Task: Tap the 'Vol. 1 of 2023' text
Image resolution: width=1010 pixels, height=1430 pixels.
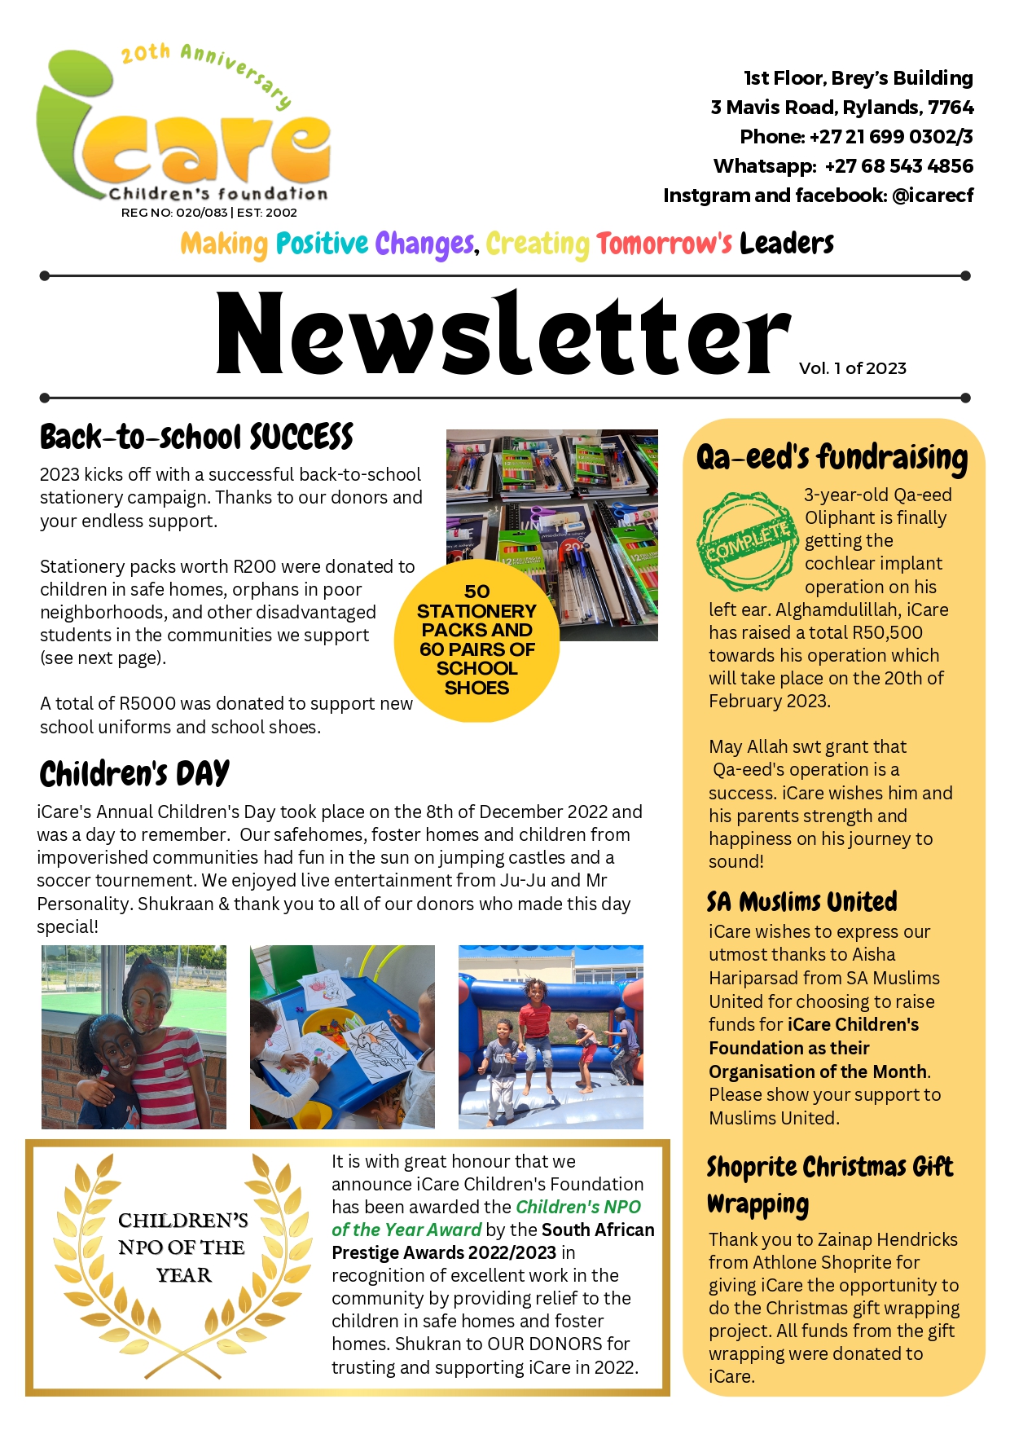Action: point(852,368)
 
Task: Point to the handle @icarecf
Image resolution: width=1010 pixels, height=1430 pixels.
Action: point(933,196)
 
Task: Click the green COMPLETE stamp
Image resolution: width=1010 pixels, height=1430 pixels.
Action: point(747,541)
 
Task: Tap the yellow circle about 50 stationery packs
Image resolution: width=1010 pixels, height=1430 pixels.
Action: point(476,640)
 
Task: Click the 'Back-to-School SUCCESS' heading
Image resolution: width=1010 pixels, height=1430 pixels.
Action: point(196,438)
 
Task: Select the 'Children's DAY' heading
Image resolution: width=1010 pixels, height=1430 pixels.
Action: point(134,774)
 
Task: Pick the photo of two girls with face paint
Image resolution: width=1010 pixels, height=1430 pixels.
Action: point(134,1036)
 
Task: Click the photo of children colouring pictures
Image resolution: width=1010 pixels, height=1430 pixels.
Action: point(342,1036)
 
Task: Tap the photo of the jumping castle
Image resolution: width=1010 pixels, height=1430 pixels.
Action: point(551,1036)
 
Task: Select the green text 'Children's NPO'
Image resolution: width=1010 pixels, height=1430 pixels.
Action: point(578,1207)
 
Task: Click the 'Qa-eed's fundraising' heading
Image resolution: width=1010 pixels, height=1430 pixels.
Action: point(832,458)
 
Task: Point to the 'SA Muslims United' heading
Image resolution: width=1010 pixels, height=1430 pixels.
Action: point(802,902)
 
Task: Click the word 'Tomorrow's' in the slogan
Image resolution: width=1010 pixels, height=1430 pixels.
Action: point(664,244)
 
